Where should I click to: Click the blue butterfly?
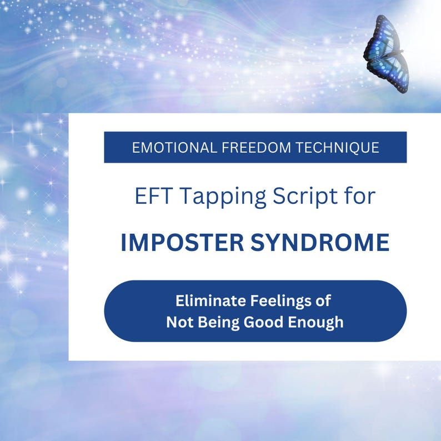[387, 53]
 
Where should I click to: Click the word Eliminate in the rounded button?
[206, 301]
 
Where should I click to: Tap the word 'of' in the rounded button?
[323, 301]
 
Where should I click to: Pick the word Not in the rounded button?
[179, 322]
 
